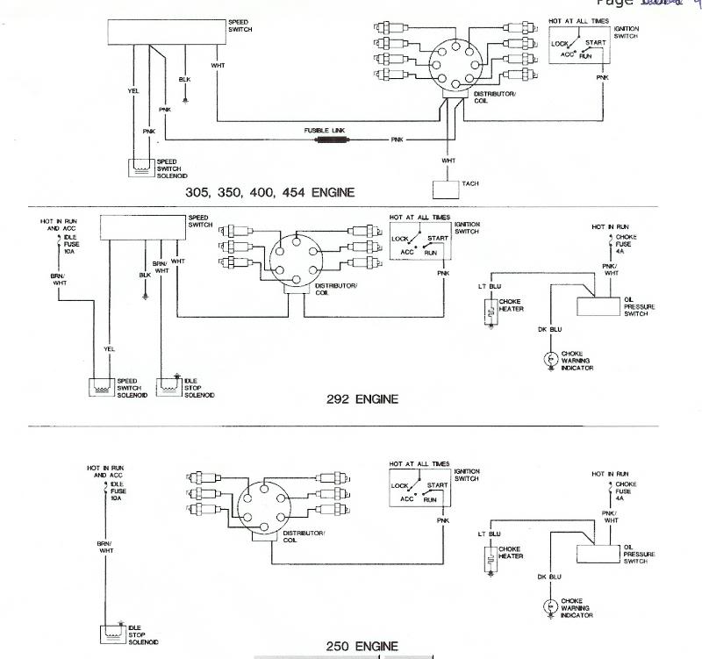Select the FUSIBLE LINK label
(325, 130)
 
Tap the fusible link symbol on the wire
(331, 140)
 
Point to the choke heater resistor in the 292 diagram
(487, 312)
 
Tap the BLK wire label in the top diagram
(184, 79)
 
